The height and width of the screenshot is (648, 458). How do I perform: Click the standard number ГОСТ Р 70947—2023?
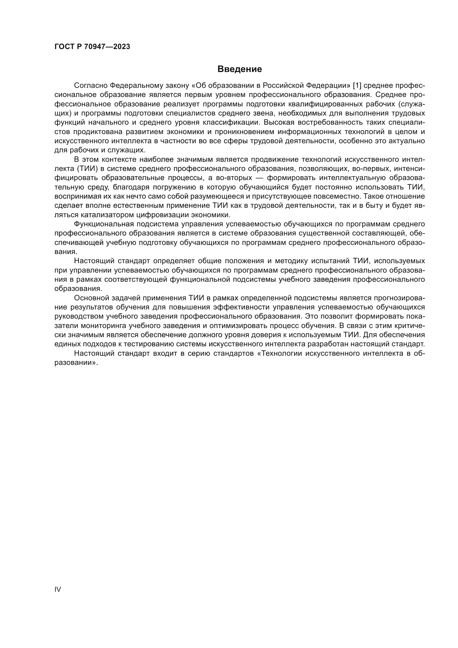click(x=92, y=47)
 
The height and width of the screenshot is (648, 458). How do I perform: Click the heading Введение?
click(x=240, y=69)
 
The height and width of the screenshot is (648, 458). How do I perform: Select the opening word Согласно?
click(x=90, y=86)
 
